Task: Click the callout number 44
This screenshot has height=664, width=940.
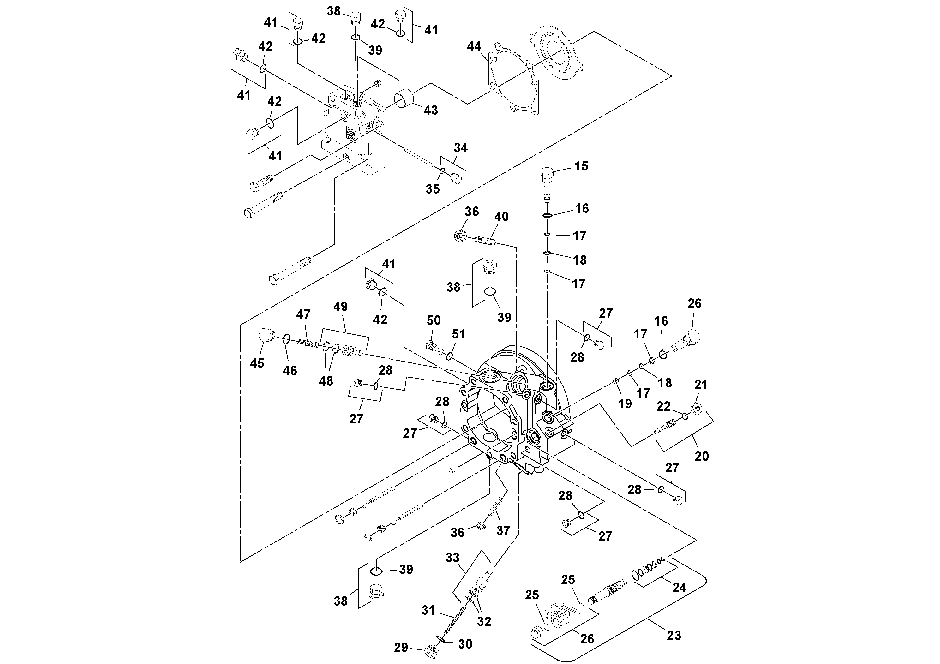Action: tap(474, 46)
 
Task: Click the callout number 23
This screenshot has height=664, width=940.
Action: tap(674, 635)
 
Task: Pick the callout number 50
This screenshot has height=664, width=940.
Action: tap(434, 320)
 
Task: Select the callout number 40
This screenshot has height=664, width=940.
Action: tap(501, 216)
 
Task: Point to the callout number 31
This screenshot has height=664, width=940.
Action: tap(428, 610)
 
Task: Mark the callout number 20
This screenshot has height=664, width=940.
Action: tap(701, 456)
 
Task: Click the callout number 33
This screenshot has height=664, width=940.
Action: tap(452, 557)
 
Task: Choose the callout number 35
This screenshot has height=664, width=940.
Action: tap(432, 189)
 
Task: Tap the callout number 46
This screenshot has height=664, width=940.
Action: tap(290, 370)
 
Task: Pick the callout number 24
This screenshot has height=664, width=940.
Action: tap(679, 588)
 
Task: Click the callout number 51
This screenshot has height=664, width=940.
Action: tap(458, 334)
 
